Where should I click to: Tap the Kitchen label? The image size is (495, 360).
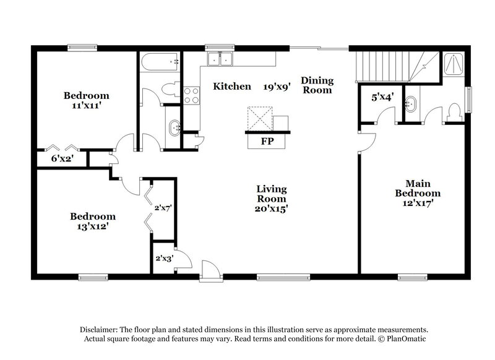pyautogui.click(x=232, y=87)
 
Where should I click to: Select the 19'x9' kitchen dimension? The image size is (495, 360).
pyautogui.click(x=277, y=87)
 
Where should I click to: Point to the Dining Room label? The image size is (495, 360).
pyautogui.click(x=317, y=85)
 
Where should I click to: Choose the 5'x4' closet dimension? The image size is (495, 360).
pyautogui.click(x=382, y=97)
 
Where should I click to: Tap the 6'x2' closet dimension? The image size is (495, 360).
pyautogui.click(x=62, y=158)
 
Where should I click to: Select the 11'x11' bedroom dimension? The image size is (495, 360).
pyautogui.click(x=87, y=106)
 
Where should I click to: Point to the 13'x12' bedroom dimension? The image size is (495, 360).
pyautogui.click(x=92, y=226)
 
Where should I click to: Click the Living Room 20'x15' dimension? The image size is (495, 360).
pyautogui.click(x=272, y=209)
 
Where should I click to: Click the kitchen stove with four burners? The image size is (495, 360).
pyautogui.click(x=191, y=95)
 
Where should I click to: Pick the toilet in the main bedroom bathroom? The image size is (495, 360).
pyautogui.click(x=453, y=113)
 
